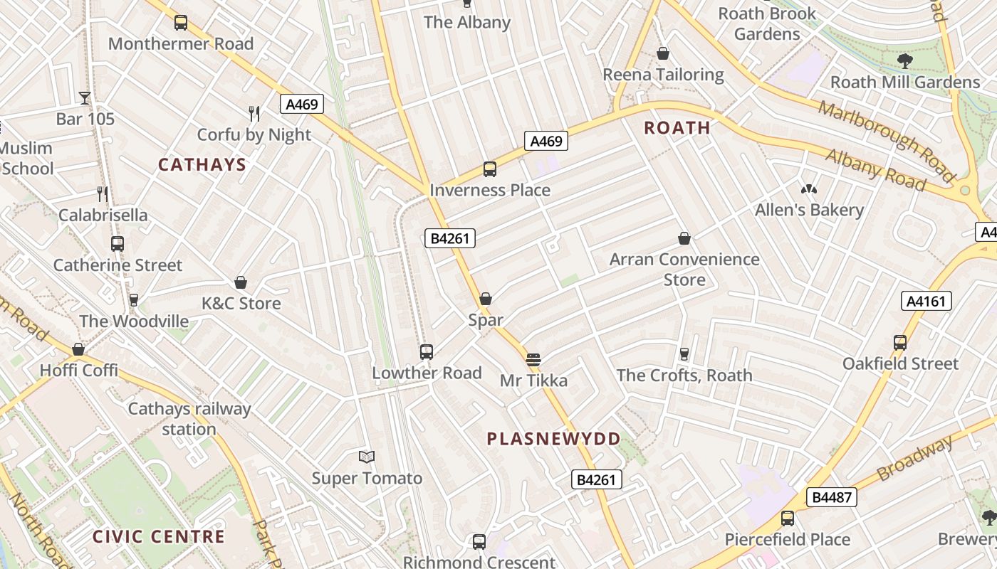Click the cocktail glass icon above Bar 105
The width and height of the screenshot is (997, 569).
pos(85,97)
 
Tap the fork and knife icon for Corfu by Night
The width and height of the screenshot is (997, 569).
pos(254,113)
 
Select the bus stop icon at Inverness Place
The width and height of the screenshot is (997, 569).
pos(490,169)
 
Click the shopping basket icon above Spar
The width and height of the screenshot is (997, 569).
pos(486,299)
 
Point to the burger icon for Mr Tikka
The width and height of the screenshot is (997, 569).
pos(533,359)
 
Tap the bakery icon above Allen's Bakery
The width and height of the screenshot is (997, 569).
pos(809,189)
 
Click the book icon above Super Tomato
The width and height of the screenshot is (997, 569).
pos(367,457)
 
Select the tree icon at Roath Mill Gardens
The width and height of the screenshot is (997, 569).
pos(905,61)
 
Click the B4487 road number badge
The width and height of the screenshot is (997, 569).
pos(831,497)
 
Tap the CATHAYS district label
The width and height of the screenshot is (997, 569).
pos(202,165)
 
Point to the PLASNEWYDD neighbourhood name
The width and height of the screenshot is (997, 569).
pos(554,439)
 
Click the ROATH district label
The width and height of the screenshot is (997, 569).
pos(677,128)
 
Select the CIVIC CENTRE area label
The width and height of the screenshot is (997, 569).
pos(159,536)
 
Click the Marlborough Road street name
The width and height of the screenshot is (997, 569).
pos(887,141)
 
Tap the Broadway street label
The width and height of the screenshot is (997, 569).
pos(914,459)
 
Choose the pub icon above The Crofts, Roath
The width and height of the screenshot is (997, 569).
pos(684,353)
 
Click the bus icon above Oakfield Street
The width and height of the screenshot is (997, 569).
pos(900,342)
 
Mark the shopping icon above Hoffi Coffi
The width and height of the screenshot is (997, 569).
pos(78,349)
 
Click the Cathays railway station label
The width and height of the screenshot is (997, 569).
pos(189,419)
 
